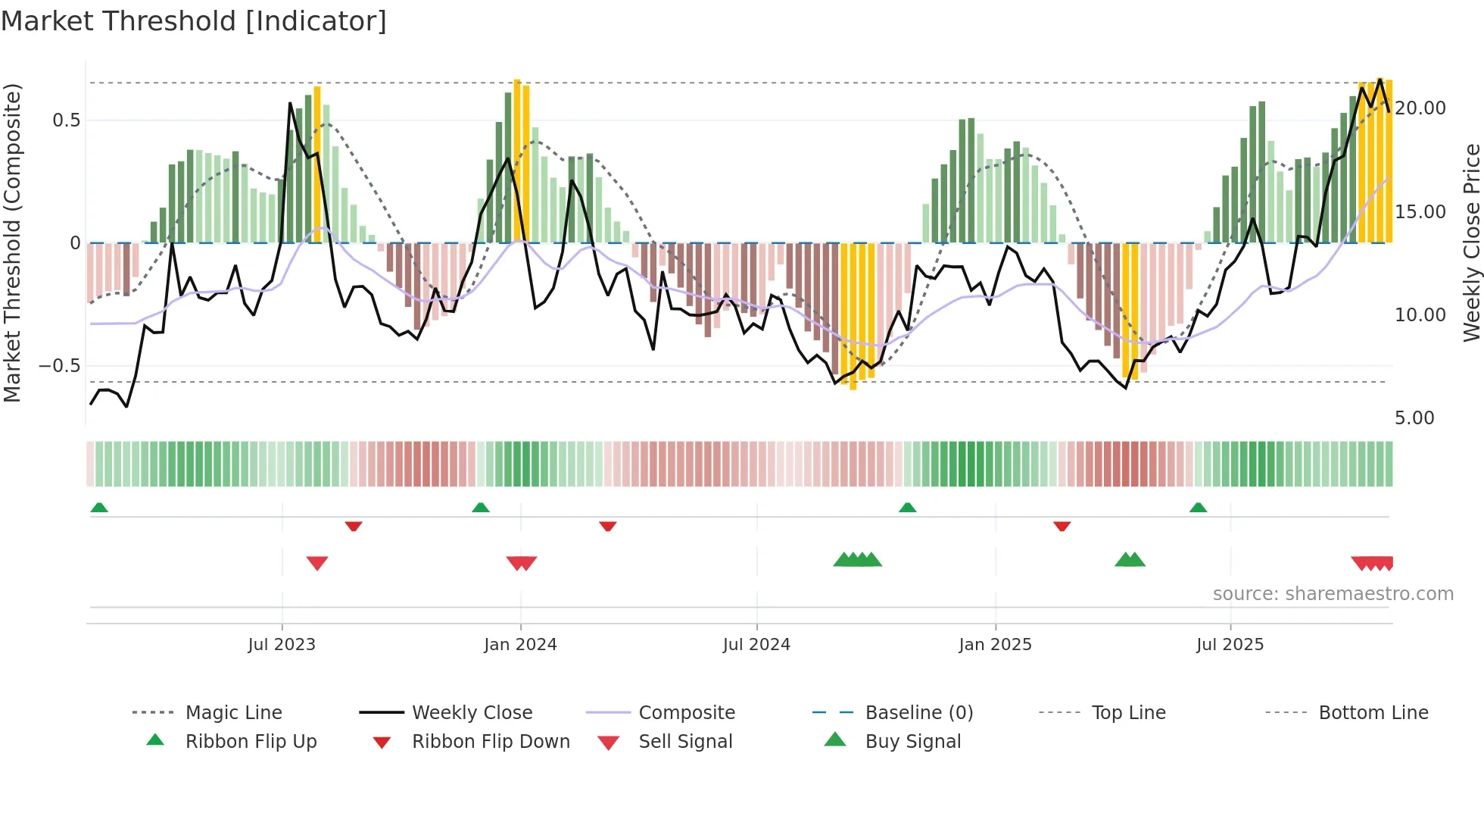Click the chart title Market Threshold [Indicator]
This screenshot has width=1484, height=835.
(194, 21)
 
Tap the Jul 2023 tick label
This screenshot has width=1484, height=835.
(282, 645)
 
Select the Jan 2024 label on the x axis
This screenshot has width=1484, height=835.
(520, 645)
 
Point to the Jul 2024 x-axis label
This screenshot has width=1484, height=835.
(756, 645)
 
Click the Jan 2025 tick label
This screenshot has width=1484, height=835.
(995, 645)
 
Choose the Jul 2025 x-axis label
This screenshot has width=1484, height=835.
(1230, 645)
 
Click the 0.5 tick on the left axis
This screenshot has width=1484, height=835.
(67, 120)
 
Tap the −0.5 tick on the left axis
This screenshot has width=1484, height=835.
(60, 366)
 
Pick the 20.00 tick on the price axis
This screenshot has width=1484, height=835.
(1420, 108)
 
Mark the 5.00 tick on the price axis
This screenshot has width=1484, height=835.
(1414, 418)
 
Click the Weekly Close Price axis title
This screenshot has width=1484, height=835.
(1471, 242)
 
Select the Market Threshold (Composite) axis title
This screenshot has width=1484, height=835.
(12, 242)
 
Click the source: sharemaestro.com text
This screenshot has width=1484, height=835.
(1333, 594)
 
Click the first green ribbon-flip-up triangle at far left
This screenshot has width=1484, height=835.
(99, 508)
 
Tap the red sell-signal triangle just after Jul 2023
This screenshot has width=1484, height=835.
(317, 563)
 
